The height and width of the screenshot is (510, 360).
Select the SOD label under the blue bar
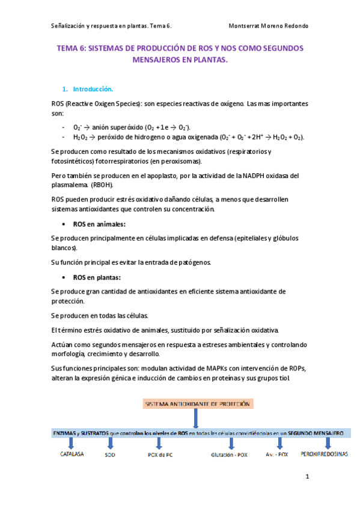click(x=110, y=455)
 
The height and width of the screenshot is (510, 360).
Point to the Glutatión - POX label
click(x=229, y=455)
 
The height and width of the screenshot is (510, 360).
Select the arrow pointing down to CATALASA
click(x=72, y=443)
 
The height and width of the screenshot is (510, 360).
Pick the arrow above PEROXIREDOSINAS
click(x=321, y=443)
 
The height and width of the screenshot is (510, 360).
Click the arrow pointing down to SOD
click(x=109, y=443)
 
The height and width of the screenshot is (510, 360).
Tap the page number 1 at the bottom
click(x=307, y=478)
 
